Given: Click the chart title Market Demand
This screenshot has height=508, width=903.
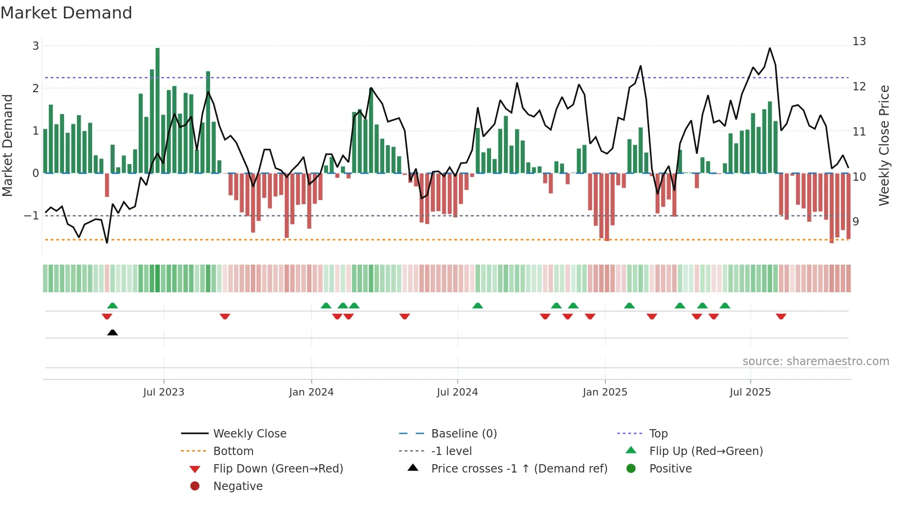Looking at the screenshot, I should pyautogui.click(x=66, y=13).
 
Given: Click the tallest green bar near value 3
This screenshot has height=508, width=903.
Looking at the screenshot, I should pyautogui.click(x=158, y=111).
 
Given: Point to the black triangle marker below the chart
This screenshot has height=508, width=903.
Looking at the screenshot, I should pyautogui.click(x=112, y=332).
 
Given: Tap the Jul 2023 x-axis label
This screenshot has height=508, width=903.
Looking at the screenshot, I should pyautogui.click(x=164, y=392).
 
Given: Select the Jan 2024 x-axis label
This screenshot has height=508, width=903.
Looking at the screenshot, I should pyautogui.click(x=311, y=392).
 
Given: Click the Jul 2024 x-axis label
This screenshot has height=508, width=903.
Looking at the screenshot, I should pyautogui.click(x=457, y=392).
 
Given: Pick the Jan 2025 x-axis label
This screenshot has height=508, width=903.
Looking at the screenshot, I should pyautogui.click(x=605, y=392).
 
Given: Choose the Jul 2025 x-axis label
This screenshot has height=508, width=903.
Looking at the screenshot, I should pyautogui.click(x=750, y=392).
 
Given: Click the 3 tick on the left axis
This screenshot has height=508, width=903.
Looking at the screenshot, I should pyautogui.click(x=35, y=46).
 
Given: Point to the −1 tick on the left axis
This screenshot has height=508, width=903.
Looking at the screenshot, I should pyautogui.click(x=32, y=216).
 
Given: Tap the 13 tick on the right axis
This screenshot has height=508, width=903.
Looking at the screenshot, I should pyautogui.click(x=859, y=41).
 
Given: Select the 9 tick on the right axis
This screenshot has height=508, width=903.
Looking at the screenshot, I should pyautogui.click(x=856, y=222).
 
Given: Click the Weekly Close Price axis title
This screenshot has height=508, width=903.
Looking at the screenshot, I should pyautogui.click(x=884, y=145).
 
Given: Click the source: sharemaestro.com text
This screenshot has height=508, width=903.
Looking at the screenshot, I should pyautogui.click(x=815, y=361).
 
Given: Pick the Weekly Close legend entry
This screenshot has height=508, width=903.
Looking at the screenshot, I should pyautogui.click(x=249, y=434).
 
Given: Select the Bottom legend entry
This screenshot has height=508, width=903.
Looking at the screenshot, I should pyautogui.click(x=233, y=451).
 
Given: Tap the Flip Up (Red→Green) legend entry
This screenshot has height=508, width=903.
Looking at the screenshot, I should pyautogui.click(x=706, y=451).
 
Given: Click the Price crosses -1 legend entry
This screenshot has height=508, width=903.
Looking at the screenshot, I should pyautogui.click(x=519, y=469).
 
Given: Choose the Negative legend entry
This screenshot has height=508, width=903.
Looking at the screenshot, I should pyautogui.click(x=238, y=486).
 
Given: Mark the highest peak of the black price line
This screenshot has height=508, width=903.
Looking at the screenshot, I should pyautogui.click(x=770, y=48).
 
